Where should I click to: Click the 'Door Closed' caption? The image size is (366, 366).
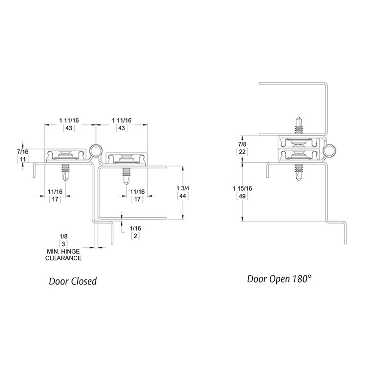click(73, 281)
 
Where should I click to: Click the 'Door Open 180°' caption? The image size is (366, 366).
click(279, 279)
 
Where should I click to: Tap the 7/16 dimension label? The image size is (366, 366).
click(22, 152)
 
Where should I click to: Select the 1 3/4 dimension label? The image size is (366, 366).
click(183, 188)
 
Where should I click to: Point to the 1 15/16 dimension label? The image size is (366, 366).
click(242, 188)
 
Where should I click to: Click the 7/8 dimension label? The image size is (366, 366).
click(242, 144)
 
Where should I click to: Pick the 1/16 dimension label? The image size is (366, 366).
click(135, 228)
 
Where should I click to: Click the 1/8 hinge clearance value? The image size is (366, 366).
click(63, 236)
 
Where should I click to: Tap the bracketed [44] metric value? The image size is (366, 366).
click(183, 196)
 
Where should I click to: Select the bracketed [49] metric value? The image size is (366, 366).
click(242, 196)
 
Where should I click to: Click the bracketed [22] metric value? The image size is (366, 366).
click(242, 152)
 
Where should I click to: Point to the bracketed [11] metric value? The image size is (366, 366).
click(22, 160)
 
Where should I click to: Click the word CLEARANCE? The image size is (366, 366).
click(63, 258)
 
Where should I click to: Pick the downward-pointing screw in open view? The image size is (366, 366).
click(299, 173)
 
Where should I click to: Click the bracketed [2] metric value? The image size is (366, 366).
click(135, 236)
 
